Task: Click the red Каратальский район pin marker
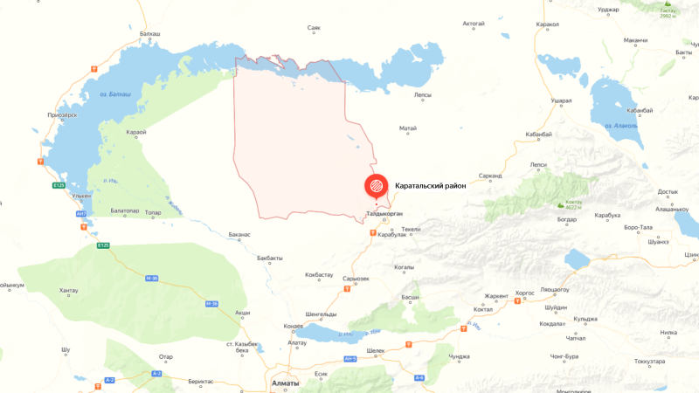click(x=376, y=186)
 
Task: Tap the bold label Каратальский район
click(x=431, y=185)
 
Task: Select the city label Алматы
click(x=285, y=383)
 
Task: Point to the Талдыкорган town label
click(x=384, y=213)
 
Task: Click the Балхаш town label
click(x=150, y=33)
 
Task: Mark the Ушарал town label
click(x=561, y=101)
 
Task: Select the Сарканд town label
click(x=490, y=176)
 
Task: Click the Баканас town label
click(x=239, y=234)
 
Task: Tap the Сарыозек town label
click(x=357, y=279)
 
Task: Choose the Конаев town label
click(x=294, y=326)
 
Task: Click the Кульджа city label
click(x=585, y=319)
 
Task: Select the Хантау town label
click(x=68, y=290)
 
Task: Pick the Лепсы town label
click(x=422, y=93)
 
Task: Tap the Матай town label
click(x=407, y=128)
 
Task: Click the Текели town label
click(x=411, y=229)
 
